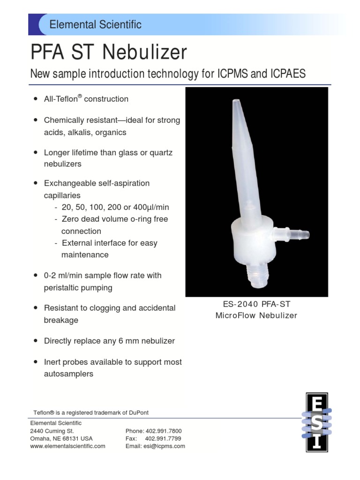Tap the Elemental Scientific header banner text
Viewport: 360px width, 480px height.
(x=96, y=24)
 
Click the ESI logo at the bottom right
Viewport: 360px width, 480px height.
(x=316, y=422)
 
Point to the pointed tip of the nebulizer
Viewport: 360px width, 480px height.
(x=235, y=102)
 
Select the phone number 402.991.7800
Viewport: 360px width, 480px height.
(x=164, y=430)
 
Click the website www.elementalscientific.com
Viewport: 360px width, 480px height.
(x=67, y=446)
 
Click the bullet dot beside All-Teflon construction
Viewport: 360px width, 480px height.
(x=36, y=99)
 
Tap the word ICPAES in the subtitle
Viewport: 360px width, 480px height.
(x=288, y=74)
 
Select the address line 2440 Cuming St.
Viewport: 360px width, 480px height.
(x=52, y=430)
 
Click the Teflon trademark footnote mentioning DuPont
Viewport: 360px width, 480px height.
(x=91, y=412)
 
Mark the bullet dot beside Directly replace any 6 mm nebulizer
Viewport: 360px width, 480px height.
(x=36, y=341)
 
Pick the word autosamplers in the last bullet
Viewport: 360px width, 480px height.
(x=68, y=374)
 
